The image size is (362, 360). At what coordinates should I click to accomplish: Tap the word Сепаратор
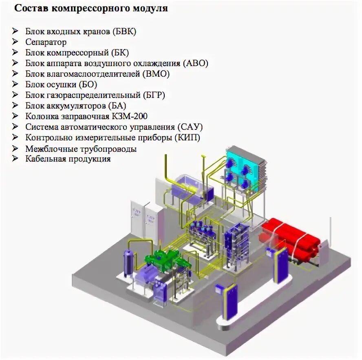(x=46, y=42)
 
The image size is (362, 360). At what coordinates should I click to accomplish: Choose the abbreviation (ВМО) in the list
(x=156, y=74)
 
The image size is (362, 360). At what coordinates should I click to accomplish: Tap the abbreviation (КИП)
(x=188, y=138)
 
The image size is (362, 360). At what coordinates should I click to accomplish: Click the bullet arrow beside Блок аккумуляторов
(x=15, y=105)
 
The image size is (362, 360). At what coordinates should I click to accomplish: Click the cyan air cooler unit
(x=244, y=169)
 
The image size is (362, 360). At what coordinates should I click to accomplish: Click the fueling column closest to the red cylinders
(x=281, y=266)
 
